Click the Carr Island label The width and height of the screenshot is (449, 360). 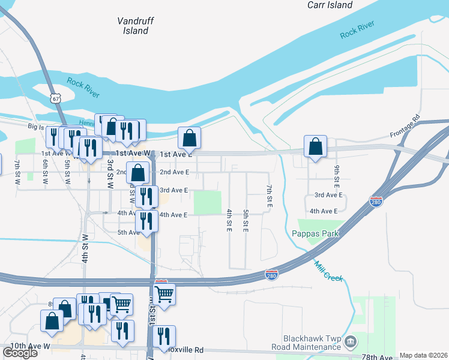point(330,5)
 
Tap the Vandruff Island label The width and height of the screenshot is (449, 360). point(136,25)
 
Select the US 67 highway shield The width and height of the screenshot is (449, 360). point(55,98)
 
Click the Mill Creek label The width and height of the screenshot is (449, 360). point(328,271)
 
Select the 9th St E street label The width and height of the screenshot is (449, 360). point(337,174)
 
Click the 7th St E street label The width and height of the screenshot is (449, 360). point(270,197)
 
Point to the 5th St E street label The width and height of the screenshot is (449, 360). point(246,221)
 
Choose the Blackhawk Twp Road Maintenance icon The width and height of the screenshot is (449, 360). point(352,343)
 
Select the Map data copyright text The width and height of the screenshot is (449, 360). point(424,355)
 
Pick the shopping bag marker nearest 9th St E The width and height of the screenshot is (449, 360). point(315,147)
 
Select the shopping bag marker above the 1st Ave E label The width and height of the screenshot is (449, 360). point(189,139)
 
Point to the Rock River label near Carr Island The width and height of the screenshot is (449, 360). point(357,29)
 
